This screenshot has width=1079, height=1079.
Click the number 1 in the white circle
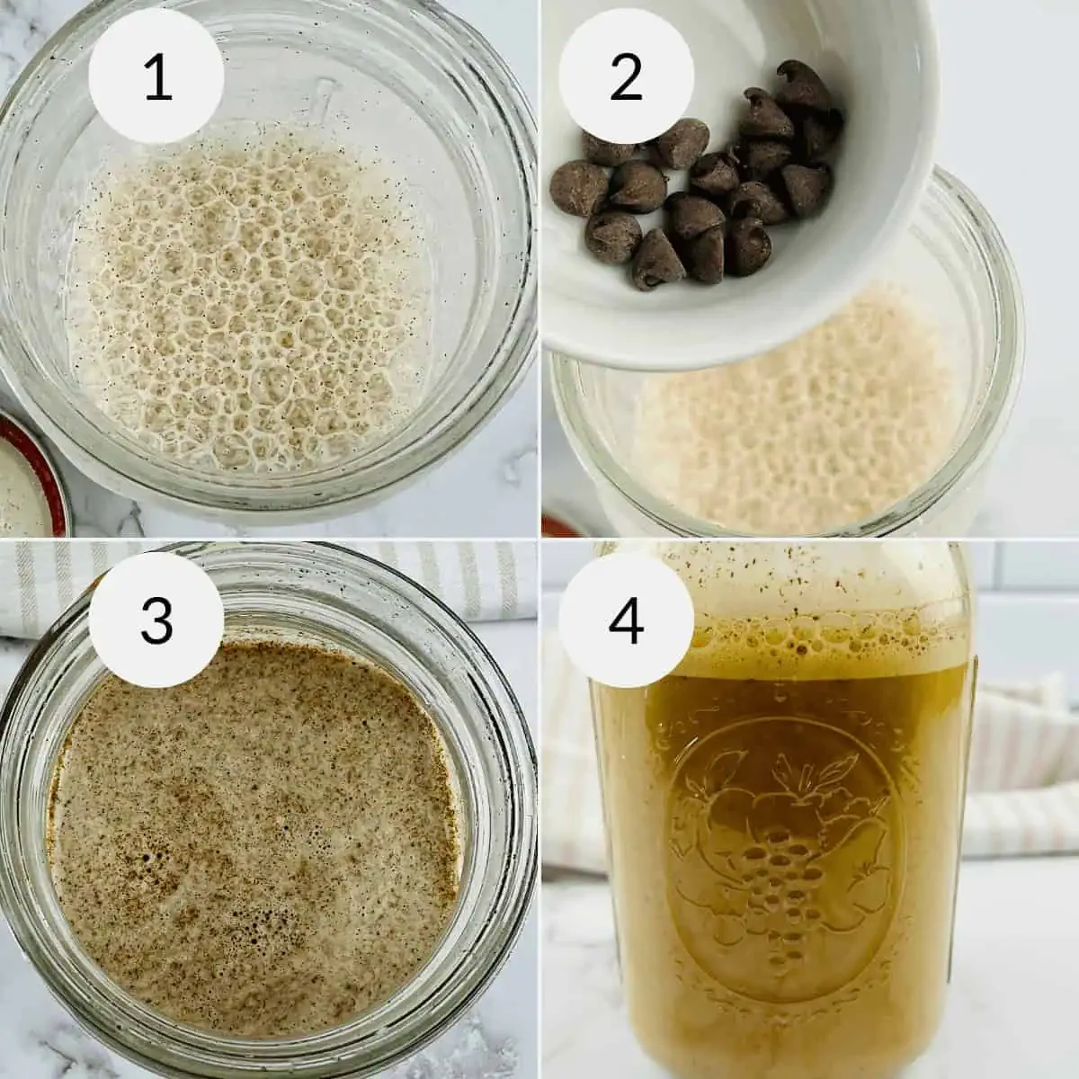tap(157, 79)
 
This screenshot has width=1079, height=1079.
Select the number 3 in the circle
tap(156, 620)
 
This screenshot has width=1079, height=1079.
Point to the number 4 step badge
tap(626, 620)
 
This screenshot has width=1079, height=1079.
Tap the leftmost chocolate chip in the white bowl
tap(578, 188)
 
